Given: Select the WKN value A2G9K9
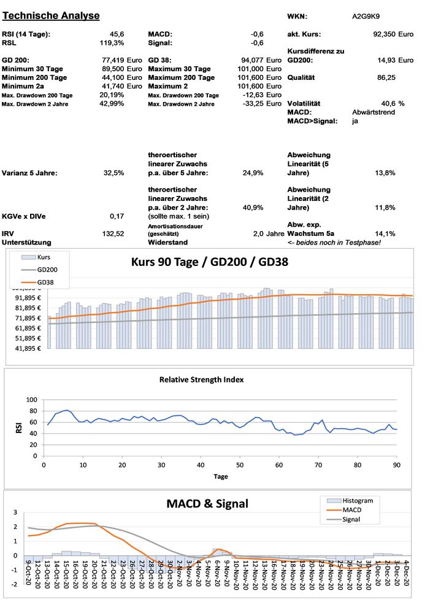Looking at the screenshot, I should point(365,16).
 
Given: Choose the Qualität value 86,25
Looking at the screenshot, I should point(385,78).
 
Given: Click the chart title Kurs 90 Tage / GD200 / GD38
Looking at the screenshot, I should point(210,262).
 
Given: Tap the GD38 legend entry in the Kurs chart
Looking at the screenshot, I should point(46,282).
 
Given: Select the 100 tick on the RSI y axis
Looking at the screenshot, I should point(31,400).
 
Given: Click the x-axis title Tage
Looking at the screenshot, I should point(221,476).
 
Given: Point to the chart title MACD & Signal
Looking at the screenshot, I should point(207,504).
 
